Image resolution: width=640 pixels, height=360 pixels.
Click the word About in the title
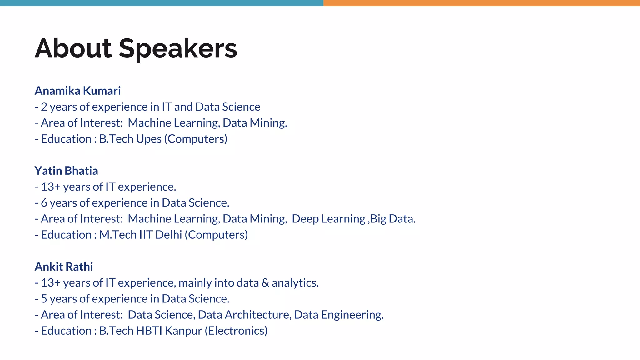(73, 48)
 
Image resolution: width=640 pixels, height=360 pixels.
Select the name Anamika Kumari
(77, 91)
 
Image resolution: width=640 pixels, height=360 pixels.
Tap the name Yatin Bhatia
(66, 171)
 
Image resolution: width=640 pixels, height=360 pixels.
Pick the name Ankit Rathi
(64, 267)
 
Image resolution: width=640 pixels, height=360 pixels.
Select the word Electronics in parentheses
(237, 331)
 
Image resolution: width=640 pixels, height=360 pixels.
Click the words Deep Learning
(328, 219)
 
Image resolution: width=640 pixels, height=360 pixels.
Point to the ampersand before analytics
(265, 283)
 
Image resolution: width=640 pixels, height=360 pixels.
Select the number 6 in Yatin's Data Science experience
(44, 203)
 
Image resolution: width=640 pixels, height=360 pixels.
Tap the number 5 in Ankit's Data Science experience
(44, 299)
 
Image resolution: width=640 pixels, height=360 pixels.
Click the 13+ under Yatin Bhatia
(51, 187)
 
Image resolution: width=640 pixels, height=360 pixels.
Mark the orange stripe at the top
(481, 3)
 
